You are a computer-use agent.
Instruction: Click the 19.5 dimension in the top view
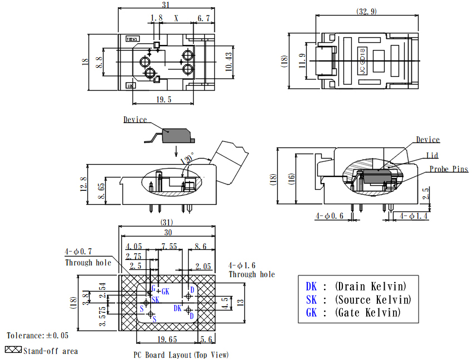point(164,100)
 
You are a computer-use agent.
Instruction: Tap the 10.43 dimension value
point(228,61)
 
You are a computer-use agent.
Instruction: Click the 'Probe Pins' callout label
point(448,169)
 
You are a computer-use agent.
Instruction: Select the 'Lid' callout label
point(432,155)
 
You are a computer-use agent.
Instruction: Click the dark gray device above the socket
point(176,135)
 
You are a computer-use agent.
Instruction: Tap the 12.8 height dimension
point(84,183)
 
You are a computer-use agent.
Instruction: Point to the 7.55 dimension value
point(170,246)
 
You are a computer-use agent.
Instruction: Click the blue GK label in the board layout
point(165,291)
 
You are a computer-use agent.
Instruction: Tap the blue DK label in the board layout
point(178,308)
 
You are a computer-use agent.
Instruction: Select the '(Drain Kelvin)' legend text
point(370,287)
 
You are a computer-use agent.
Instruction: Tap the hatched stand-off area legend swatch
point(13,350)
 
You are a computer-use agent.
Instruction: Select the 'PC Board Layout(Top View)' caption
point(180,354)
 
